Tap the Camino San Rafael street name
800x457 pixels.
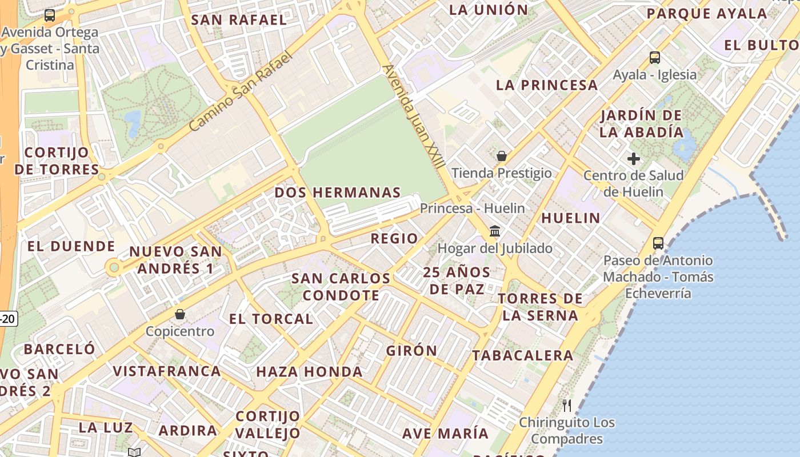241,91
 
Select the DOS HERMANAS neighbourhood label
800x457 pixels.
338,193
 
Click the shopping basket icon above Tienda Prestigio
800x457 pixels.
502,156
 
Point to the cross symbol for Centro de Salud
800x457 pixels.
633,159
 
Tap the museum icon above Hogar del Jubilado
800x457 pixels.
495,231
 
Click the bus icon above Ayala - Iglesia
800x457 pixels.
655,58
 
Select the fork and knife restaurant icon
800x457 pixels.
567,406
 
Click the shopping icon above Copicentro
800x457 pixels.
180,314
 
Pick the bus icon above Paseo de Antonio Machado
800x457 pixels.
658,243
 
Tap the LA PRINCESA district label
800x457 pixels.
547,85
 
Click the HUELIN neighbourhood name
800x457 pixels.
571,218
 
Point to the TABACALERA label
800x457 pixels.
522,355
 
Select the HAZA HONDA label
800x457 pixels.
309,372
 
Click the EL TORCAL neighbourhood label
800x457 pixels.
271,319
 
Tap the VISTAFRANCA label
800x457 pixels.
167,371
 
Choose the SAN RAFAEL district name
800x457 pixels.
239,19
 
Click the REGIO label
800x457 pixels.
394,238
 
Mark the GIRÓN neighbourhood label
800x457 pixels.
411,351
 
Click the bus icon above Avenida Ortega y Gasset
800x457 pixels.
50,15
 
